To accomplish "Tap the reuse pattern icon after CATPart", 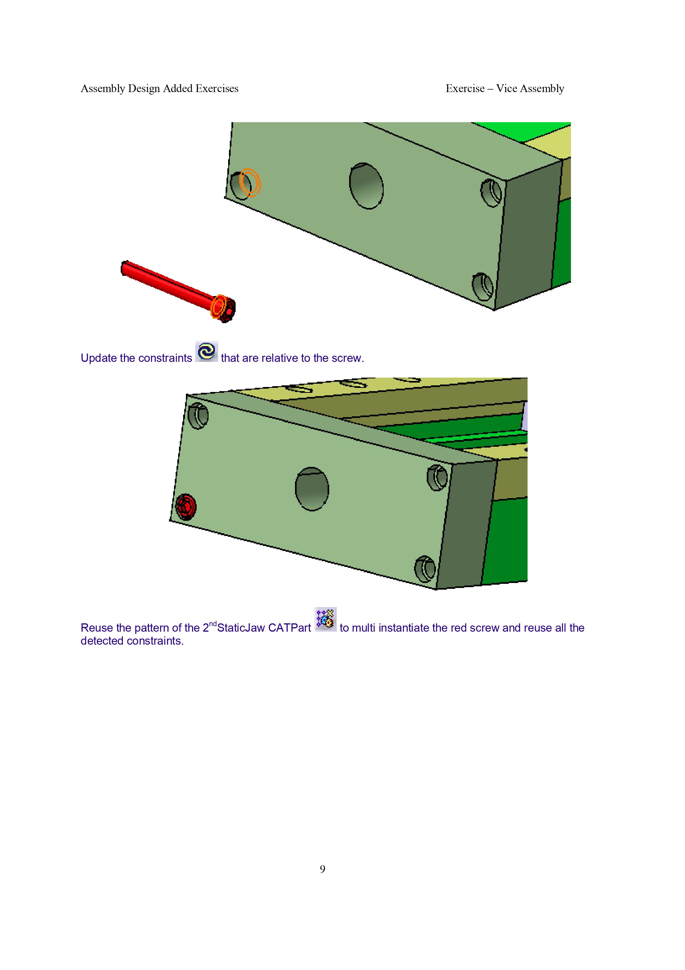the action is tap(325, 619).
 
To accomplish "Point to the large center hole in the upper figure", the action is tap(366, 186).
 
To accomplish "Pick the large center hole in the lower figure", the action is tap(312, 489).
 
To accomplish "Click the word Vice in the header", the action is tap(506, 88).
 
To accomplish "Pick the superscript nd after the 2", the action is tap(213, 624).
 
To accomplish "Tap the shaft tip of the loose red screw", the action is tap(123, 268).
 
